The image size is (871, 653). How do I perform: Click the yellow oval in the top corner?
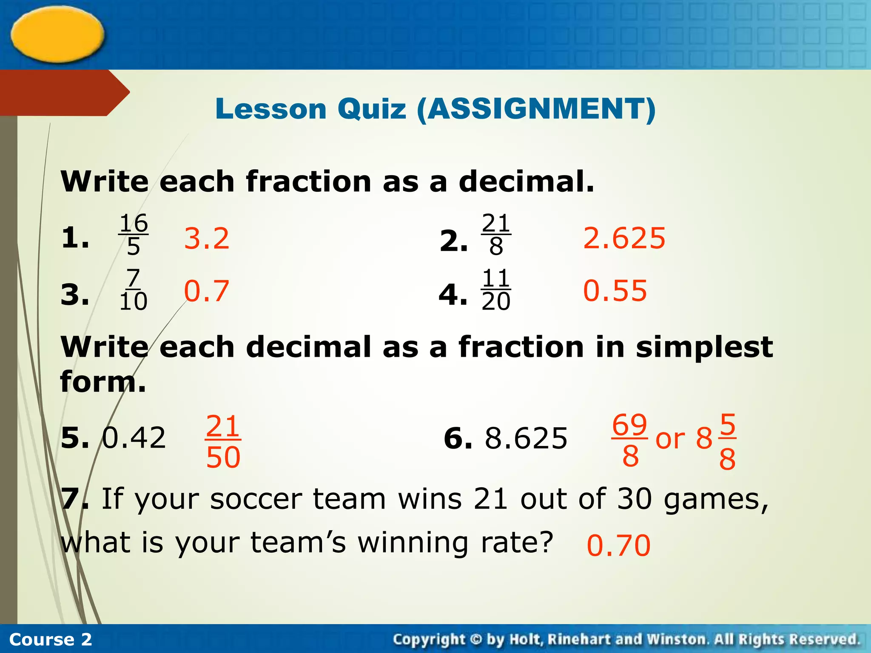tap(57, 34)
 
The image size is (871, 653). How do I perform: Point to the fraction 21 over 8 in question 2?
tap(496, 235)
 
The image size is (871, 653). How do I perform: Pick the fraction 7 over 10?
tap(134, 290)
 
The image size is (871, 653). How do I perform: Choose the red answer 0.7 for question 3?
tap(207, 291)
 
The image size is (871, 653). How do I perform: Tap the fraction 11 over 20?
tap(496, 290)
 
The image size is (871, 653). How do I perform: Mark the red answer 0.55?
tap(615, 291)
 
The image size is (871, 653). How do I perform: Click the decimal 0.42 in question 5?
tap(134, 438)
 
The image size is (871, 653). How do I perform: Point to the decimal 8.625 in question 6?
tap(526, 438)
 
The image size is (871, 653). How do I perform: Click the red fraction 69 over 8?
tap(630, 440)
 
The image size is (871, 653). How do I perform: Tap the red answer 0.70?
tap(618, 545)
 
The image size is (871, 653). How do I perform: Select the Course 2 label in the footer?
tap(50, 639)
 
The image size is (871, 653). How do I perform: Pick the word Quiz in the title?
tap(372, 109)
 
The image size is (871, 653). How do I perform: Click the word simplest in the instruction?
tap(704, 347)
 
